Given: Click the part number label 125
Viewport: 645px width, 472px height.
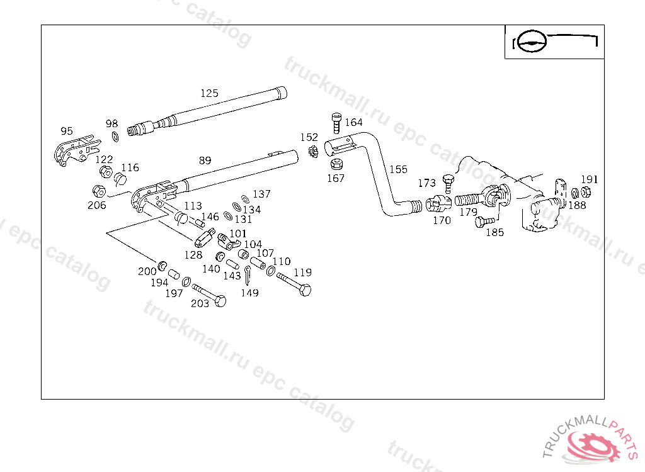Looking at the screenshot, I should coord(209,93).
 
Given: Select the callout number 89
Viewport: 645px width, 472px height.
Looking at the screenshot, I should coord(205,160).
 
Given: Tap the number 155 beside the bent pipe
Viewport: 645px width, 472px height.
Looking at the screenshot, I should coord(398,169).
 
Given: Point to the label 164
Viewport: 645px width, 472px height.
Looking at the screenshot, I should coord(353,122).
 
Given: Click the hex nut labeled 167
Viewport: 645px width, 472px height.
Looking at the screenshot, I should coord(336,165).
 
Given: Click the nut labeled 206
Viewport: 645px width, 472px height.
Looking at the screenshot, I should coord(99,190).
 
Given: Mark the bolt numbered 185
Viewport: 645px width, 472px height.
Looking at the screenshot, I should coord(484,222).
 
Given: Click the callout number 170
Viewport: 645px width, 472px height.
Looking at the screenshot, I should coord(442,220).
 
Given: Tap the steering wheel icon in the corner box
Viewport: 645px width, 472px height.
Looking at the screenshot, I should coord(528,42).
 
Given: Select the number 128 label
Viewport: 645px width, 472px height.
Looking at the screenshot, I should coord(193,255).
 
